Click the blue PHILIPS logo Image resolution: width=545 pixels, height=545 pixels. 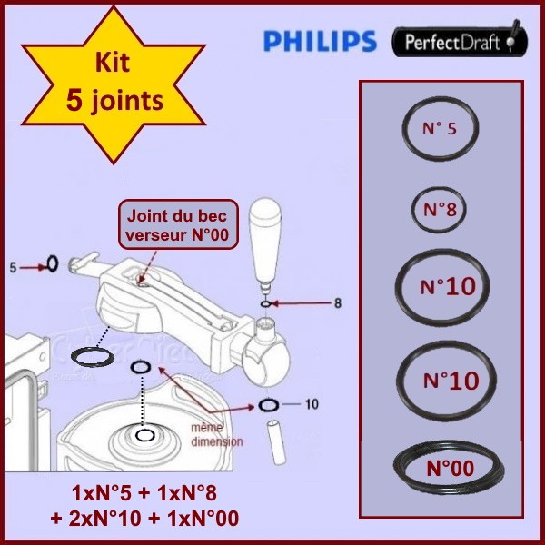(319, 41)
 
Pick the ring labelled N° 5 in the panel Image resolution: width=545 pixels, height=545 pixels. (441, 130)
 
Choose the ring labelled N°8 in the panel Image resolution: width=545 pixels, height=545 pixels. (440, 210)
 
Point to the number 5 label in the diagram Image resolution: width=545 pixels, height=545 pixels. (13, 267)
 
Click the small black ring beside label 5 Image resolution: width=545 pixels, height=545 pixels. (53, 264)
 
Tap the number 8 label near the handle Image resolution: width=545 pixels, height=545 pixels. (337, 303)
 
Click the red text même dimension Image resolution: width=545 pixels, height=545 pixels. (218, 434)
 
